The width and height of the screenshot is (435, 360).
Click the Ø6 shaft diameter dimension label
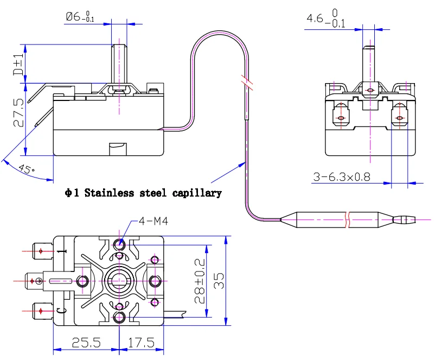pyautogui.click(x=80, y=17)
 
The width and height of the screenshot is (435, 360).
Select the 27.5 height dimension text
pyautogui.click(x=18, y=112)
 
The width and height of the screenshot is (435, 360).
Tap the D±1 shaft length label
pyautogui.click(x=18, y=64)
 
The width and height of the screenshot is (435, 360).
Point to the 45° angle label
pyautogui.click(x=27, y=169)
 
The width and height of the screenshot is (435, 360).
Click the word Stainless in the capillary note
pyautogui.click(x=109, y=193)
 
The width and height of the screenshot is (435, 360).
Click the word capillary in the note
pyautogui.click(x=197, y=193)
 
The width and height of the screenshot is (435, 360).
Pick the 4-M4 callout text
pyautogui.click(x=153, y=221)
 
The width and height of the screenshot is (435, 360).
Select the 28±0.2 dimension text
pyautogui.click(x=200, y=281)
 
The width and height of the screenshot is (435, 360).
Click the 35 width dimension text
pyautogui.click(x=219, y=281)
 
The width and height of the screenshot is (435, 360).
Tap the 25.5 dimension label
pyautogui.click(x=86, y=343)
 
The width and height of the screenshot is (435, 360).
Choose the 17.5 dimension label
pyautogui.click(x=141, y=343)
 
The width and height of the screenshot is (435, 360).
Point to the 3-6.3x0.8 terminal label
pyautogui.click(x=342, y=177)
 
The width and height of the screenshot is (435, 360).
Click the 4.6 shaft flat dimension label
pyautogui.click(x=326, y=18)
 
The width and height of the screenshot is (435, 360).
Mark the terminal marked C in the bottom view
pyautogui.click(x=42, y=311)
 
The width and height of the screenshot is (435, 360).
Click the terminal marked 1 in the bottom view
pyautogui.click(x=42, y=251)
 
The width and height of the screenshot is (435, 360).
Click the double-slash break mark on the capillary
pyautogui.click(x=247, y=83)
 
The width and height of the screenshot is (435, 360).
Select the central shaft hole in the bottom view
pyautogui.click(x=119, y=281)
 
